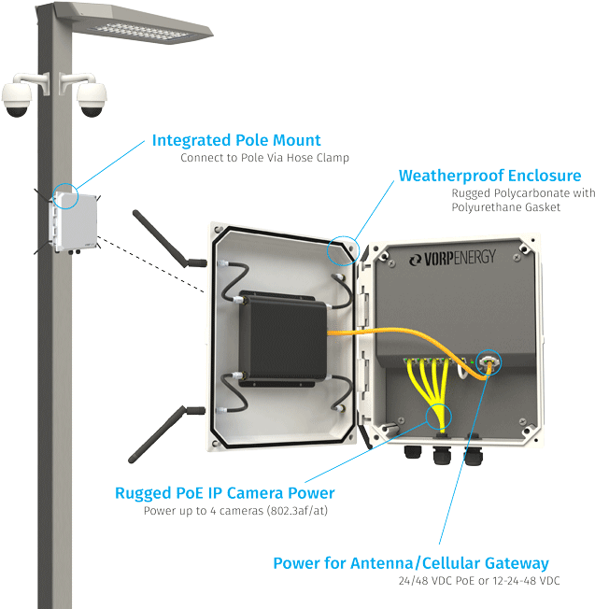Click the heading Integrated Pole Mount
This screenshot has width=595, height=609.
235,141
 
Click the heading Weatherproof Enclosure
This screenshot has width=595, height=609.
489,176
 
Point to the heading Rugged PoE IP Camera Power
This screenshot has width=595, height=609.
224,493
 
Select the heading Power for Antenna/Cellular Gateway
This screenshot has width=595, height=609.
410,563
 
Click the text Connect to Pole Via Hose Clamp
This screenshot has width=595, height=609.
264,159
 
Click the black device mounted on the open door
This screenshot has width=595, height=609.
282,340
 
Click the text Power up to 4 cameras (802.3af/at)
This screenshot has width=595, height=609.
234,511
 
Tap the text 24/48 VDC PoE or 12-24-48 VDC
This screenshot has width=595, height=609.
479,581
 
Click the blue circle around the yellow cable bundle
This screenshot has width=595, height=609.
437,417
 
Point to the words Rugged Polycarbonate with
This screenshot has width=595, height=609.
522,193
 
